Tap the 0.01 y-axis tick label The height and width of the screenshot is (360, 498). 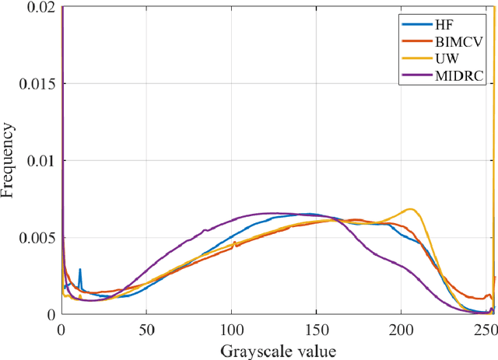pos(38,161)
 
